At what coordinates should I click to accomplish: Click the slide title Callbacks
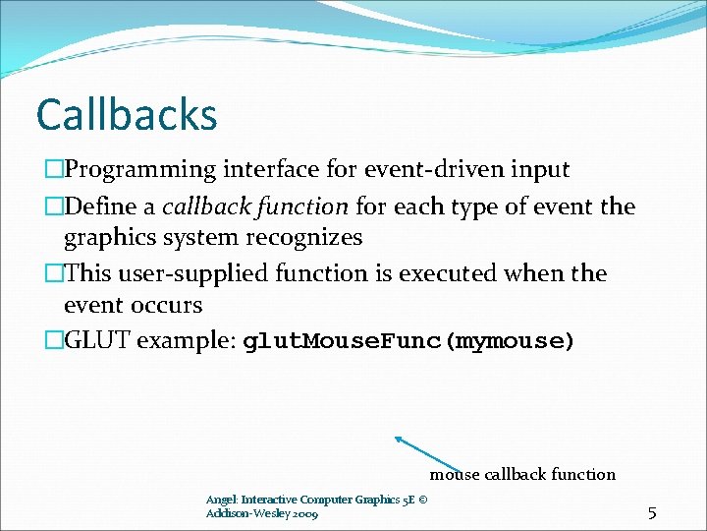click(126, 114)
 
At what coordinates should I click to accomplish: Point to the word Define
click(100, 206)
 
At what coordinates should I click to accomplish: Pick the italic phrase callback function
click(255, 206)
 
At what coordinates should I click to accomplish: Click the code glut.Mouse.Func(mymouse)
click(408, 342)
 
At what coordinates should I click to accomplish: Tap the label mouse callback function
click(522, 475)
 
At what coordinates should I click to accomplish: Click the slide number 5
click(651, 512)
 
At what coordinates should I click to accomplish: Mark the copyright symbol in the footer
click(422, 500)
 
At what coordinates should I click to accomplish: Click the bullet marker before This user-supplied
click(53, 274)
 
